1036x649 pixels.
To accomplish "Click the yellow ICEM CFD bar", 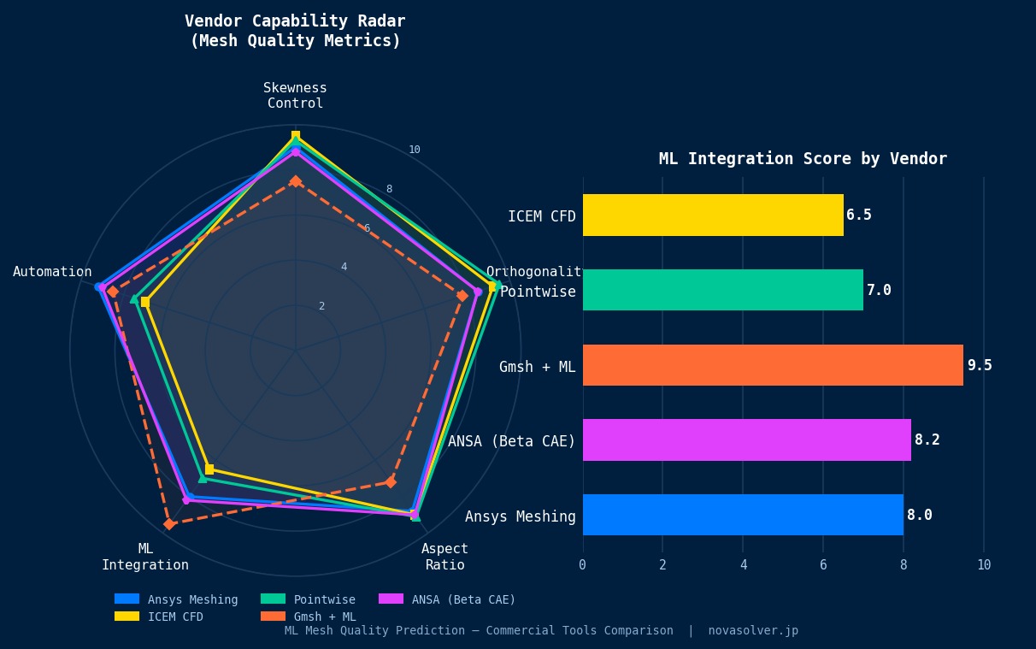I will click(x=713, y=215).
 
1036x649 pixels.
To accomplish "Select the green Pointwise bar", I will click(x=723, y=290).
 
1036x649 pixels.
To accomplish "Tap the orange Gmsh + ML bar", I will click(x=773, y=365).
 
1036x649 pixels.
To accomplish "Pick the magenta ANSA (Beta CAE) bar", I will click(x=746, y=440).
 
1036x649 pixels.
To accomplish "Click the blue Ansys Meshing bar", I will click(x=743, y=515).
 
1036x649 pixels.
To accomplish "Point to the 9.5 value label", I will click(x=980, y=365).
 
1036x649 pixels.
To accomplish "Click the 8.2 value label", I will click(x=927, y=440).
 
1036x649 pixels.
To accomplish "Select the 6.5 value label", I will click(x=859, y=215).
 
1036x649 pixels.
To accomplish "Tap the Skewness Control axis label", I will click(x=295, y=96).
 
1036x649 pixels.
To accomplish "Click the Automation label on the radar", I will click(x=52, y=272).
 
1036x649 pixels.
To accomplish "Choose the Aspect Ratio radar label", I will click(x=444, y=557).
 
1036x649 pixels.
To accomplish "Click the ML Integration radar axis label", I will click(x=145, y=557).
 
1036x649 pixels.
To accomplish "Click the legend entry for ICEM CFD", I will click(x=174, y=617).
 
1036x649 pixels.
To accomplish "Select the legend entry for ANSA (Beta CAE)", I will click(x=462, y=599).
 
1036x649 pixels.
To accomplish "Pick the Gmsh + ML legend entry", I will click(x=324, y=617).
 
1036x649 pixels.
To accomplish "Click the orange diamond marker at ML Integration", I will click(x=169, y=523).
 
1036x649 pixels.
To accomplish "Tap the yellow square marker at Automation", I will click(x=145, y=302).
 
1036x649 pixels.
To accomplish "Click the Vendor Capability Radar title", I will click(x=295, y=31).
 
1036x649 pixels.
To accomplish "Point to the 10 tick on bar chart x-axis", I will click(x=984, y=565).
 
